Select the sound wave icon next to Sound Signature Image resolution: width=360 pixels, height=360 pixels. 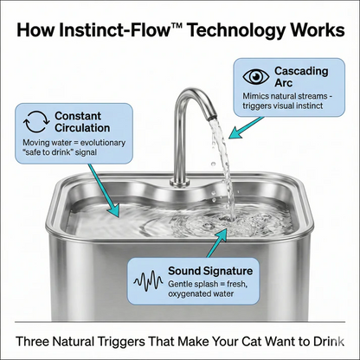tap(148, 280)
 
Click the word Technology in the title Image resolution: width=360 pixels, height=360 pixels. tap(230, 31)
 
